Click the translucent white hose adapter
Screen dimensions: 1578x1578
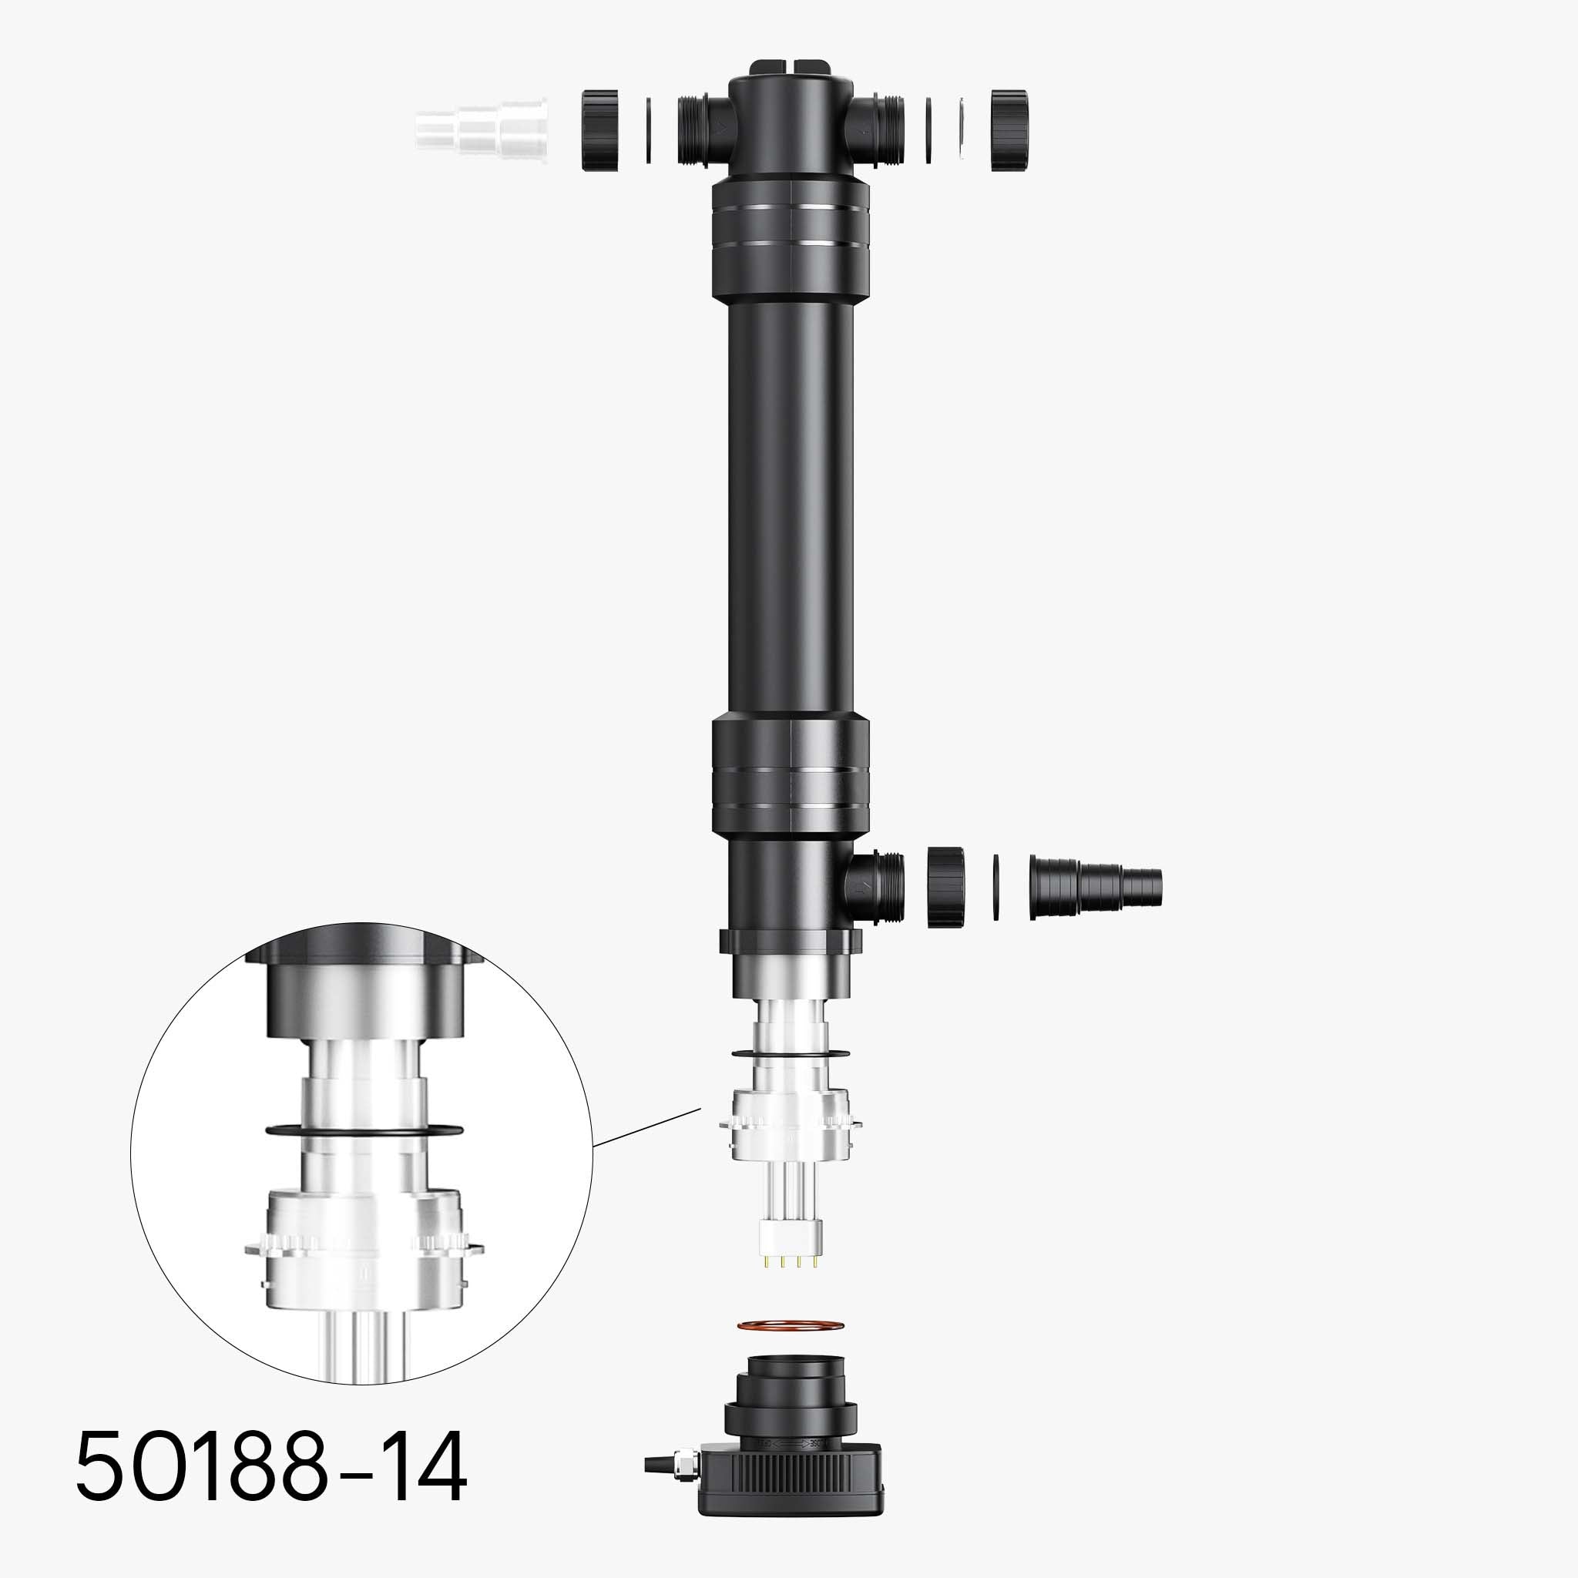(x=481, y=130)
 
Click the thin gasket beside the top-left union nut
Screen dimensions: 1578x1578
(x=649, y=131)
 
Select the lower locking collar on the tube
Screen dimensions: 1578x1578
(x=790, y=773)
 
